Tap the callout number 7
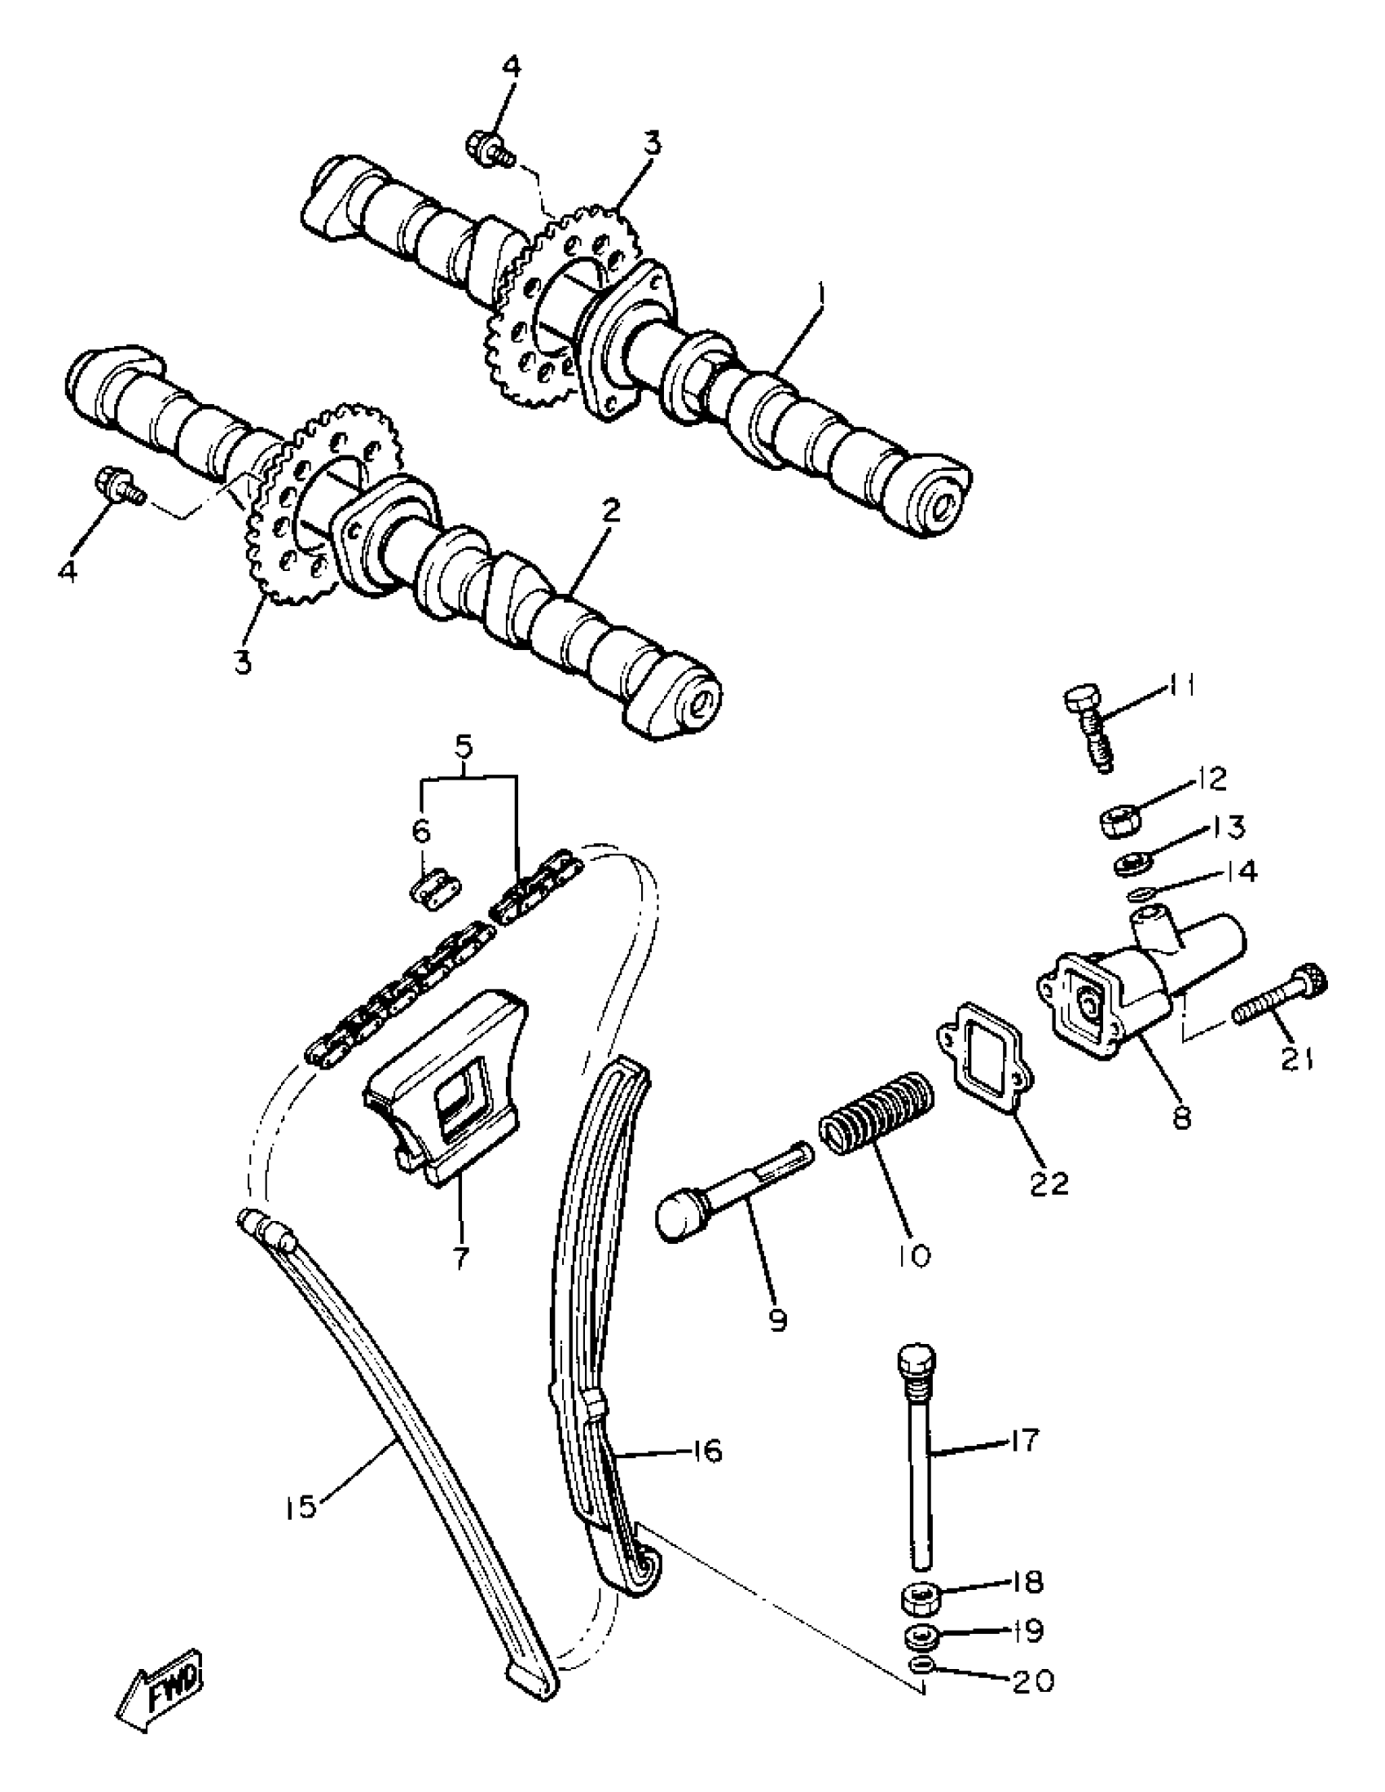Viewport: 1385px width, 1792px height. point(460,1257)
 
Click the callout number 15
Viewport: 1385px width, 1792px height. point(301,1507)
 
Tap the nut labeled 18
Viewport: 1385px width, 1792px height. point(921,1598)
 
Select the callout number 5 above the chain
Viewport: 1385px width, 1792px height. point(464,747)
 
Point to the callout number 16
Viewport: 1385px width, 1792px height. point(705,1451)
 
